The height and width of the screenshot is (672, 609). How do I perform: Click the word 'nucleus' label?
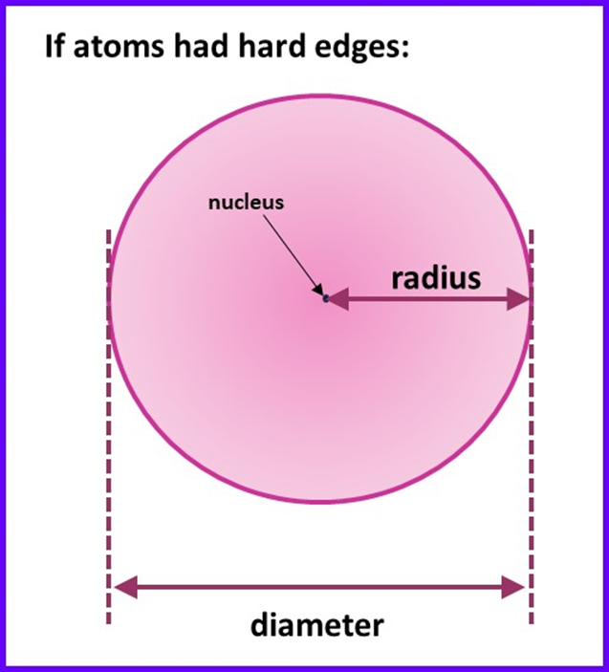(247, 203)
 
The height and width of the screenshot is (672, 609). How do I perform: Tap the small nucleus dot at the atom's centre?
(325, 299)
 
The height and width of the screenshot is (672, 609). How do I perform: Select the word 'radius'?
(435, 278)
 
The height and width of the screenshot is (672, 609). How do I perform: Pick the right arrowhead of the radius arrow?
(520, 300)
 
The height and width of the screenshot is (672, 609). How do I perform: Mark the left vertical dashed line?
(108, 430)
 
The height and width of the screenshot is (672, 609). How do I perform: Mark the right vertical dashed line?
(531, 430)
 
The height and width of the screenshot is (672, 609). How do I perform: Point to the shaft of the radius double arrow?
(430, 300)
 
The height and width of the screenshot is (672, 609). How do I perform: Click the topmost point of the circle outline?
(320, 94)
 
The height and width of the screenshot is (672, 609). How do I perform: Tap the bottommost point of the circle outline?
(320, 504)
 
